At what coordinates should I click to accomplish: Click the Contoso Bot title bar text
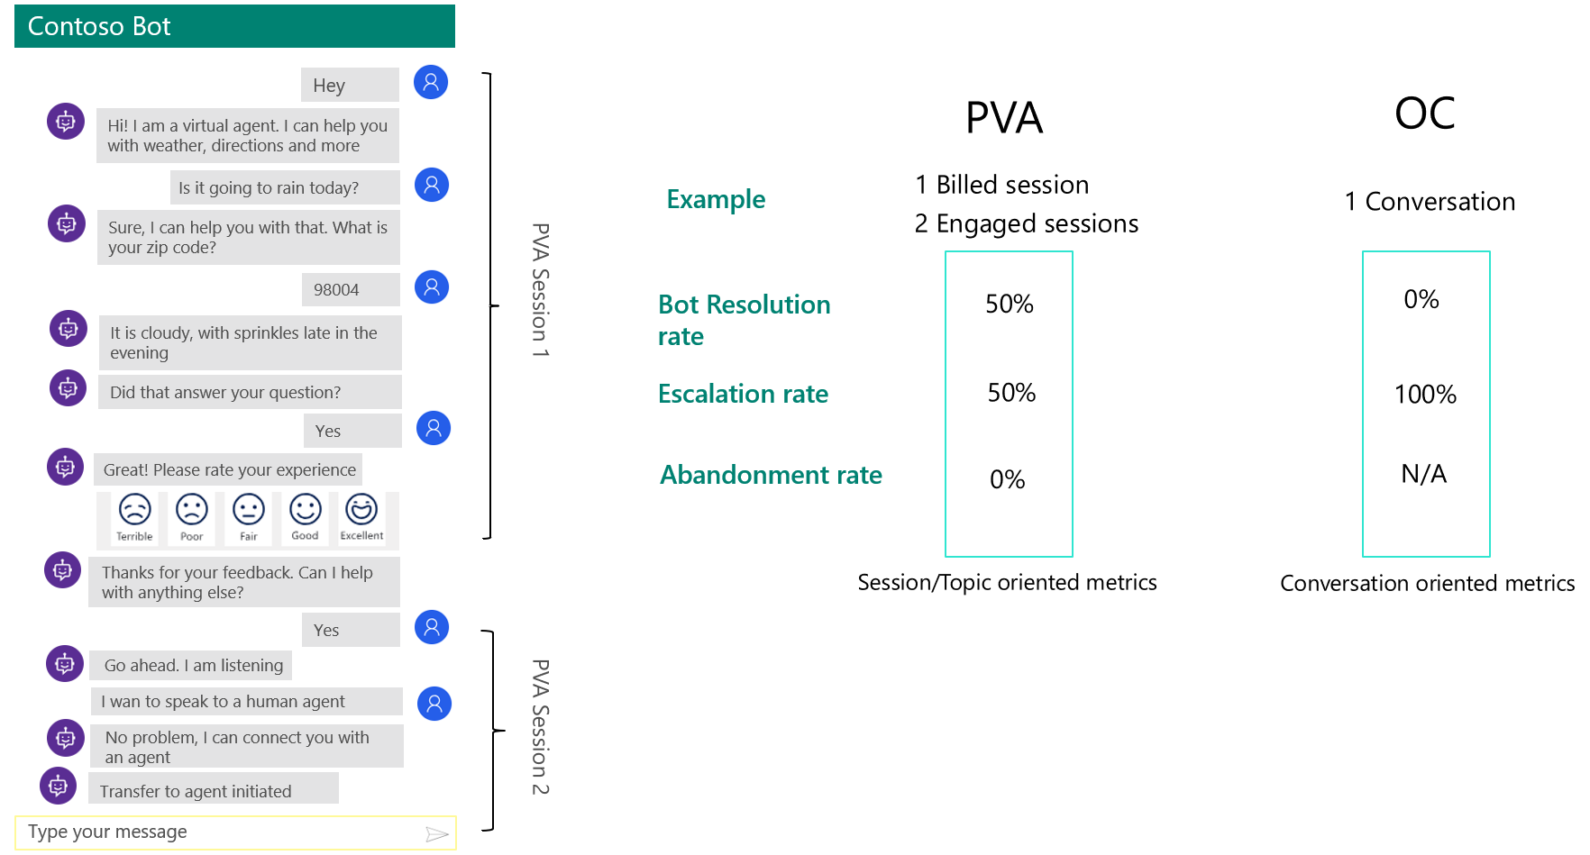tap(99, 26)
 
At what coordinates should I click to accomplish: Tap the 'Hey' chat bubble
tap(349, 85)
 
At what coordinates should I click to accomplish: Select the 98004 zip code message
tap(350, 289)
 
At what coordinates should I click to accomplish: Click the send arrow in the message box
tap(436, 833)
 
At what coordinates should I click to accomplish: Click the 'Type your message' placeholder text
tap(107, 832)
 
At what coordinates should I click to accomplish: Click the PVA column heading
tap(1004, 118)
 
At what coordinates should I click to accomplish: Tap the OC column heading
tap(1424, 114)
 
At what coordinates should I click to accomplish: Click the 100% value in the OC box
tap(1425, 394)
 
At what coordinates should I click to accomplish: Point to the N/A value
tap(1423, 474)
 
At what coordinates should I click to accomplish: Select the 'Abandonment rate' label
tap(771, 475)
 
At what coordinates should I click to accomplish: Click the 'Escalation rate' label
tap(743, 394)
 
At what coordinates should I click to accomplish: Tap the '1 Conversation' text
tap(1430, 202)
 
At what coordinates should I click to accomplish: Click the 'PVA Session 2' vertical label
tap(540, 727)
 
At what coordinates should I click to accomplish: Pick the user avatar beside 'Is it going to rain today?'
tap(432, 185)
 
